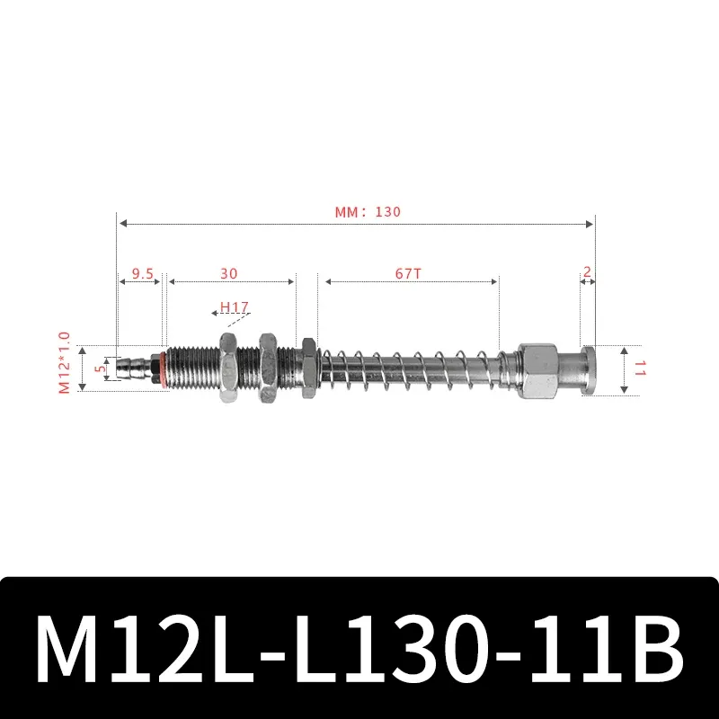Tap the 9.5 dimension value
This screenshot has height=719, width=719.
pos(141,272)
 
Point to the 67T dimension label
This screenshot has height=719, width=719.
pos(407,272)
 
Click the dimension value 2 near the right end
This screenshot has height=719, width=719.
pos(587,271)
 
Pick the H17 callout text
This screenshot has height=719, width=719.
pos(235,307)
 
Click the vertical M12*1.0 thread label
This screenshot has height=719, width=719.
pos(64,363)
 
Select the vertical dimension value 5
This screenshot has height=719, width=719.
pos(101,367)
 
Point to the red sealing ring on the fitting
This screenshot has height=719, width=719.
pos(163,368)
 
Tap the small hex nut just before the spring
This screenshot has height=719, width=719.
pos(308,368)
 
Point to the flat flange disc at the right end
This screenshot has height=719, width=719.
pos(588,368)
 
